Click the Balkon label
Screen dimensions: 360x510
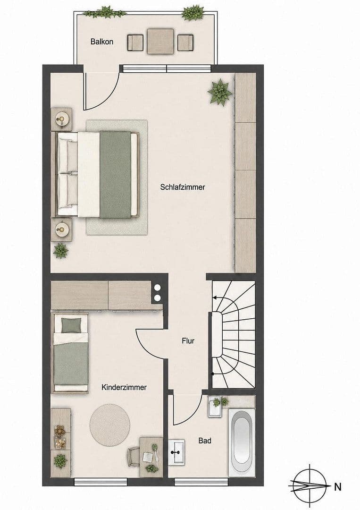coord(102,42)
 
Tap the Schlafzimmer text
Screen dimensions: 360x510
coord(183,187)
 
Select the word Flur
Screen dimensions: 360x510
coord(188,341)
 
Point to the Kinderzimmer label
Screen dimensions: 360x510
coord(124,387)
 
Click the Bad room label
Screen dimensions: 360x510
coord(205,441)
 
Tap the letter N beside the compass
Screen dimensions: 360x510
coord(338,487)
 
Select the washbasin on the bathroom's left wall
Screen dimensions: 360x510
coord(176,452)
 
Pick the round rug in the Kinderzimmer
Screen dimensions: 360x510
coord(110,424)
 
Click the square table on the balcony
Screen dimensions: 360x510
coord(160,41)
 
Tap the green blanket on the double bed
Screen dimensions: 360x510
coord(115,175)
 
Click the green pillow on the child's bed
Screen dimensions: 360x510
coord(71,325)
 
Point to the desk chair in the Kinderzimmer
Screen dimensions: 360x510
coord(134,456)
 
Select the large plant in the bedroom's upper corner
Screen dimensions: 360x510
coord(220,92)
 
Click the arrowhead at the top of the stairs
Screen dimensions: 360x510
coord(214,297)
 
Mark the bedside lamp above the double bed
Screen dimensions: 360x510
coord(61,119)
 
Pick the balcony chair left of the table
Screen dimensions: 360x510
coord(135,42)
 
